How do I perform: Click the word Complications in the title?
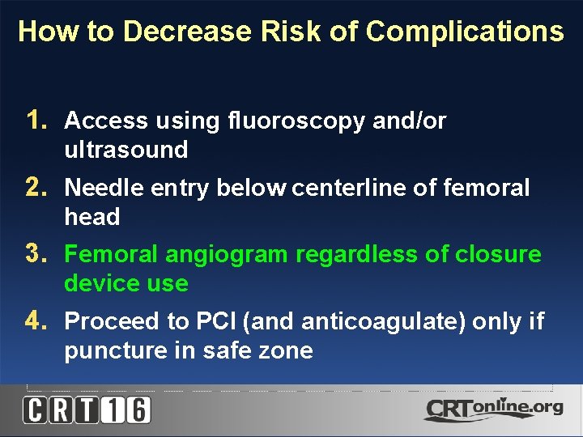click(464, 32)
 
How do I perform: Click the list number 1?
click(36, 121)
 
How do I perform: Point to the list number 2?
click(36, 188)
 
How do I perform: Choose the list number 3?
click(36, 254)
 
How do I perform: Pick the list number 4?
click(36, 321)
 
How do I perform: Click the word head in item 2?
click(91, 217)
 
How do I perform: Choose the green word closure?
click(497, 255)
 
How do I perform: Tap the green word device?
click(97, 283)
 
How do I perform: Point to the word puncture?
click(108, 350)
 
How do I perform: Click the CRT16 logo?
click(87, 410)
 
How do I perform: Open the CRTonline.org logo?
click(493, 409)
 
